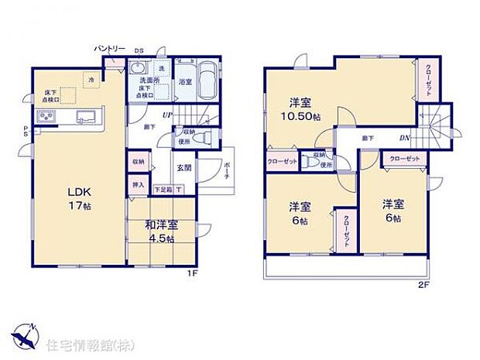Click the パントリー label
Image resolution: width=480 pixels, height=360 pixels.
point(110,49)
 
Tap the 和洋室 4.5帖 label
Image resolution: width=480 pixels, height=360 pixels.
point(160,231)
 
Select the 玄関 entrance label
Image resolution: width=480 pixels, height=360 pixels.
point(184,167)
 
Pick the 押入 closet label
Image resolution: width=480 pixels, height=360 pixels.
point(138,187)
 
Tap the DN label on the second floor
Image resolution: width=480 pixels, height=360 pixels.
point(403,139)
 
